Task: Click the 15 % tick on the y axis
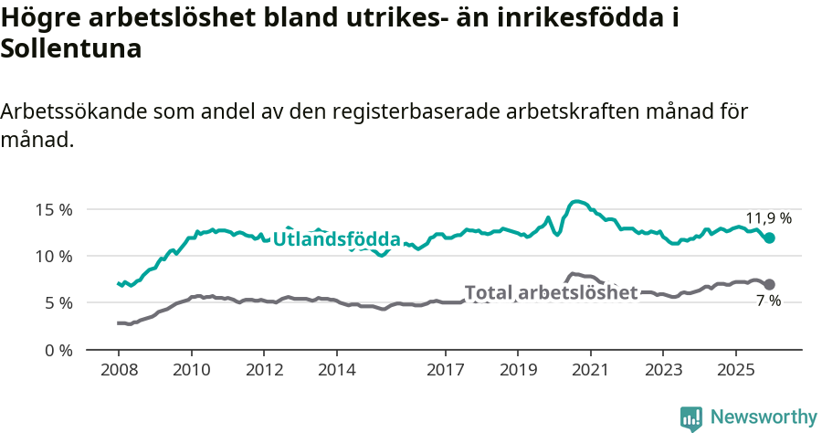coord(53,209)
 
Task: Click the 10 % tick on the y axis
coord(53,256)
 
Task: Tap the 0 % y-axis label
coord(57,350)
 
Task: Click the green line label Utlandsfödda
coord(337,239)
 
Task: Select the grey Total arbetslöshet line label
coord(551,292)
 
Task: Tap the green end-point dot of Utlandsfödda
coord(769,238)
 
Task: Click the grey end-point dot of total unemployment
coord(769,284)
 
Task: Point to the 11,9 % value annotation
coord(768,218)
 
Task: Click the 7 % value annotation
coord(768,301)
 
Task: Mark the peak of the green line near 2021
coord(577,201)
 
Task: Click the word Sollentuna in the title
coord(71,49)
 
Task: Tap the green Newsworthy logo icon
coord(691,417)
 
